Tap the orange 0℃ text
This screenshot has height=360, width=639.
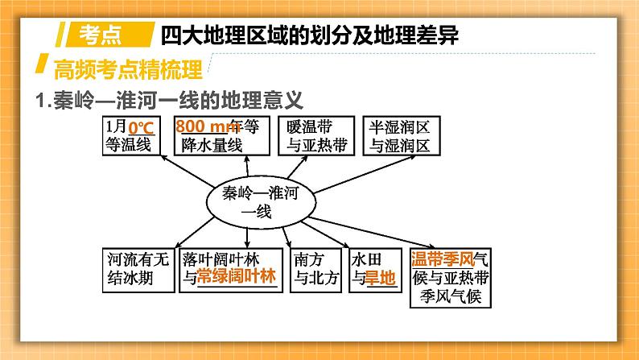pyautogui.click(x=142, y=127)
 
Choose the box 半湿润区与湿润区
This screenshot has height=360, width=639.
pyautogui.click(x=400, y=135)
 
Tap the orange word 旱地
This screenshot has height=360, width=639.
pyautogui.click(x=381, y=279)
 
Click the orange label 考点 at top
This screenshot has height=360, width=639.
pyautogui.click(x=102, y=34)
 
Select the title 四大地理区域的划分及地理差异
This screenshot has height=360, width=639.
pyautogui.click(x=300, y=35)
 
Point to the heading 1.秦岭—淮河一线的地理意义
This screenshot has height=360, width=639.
pyautogui.click(x=169, y=101)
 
